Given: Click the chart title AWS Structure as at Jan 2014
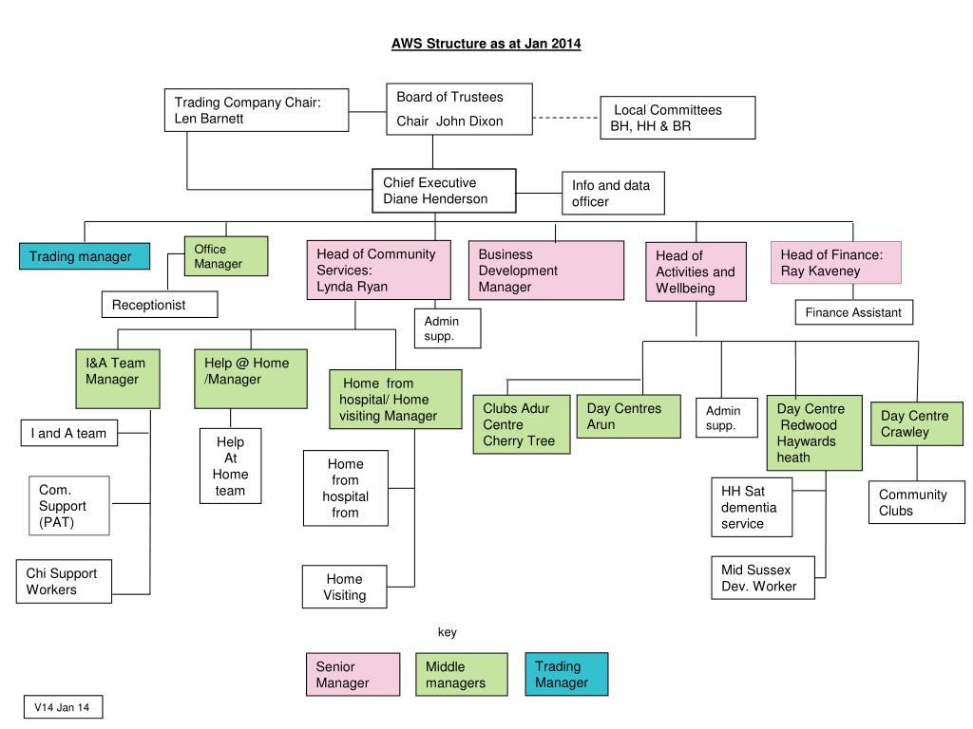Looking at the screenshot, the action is point(486,44).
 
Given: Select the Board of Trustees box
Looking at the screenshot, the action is point(459,109).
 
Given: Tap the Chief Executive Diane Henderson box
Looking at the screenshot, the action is point(445,190).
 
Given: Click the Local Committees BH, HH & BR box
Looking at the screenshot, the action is point(677,118).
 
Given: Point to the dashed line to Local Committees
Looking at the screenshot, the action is point(566,118).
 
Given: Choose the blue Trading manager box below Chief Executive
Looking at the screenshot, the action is point(85,256).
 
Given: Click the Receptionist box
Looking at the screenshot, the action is point(160,305).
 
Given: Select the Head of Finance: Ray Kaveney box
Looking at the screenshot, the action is point(836,263).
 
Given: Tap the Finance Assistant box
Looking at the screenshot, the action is point(854,312).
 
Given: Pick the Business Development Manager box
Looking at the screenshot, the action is point(546,271).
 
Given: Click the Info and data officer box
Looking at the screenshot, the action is point(613,194).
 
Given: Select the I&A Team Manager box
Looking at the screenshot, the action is point(118,379).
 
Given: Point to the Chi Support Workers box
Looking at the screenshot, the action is point(64,582).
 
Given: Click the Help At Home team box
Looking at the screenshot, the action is point(230,466).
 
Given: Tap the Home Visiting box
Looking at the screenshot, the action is point(344,587).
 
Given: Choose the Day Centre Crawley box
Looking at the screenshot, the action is point(917,424).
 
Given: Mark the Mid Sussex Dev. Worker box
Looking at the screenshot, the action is point(763,578).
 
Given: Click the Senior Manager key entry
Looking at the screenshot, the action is point(353,675).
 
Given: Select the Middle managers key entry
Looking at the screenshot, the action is point(462,675).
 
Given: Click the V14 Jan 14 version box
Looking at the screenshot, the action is point(64,707).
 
